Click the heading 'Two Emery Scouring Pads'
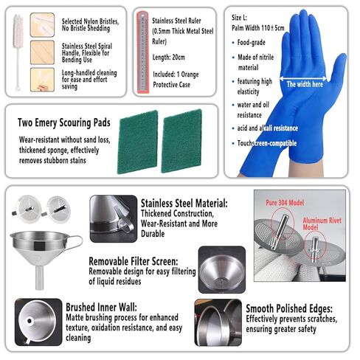(x=63, y=122)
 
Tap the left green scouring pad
(x=137, y=141)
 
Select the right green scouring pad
(x=181, y=141)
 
